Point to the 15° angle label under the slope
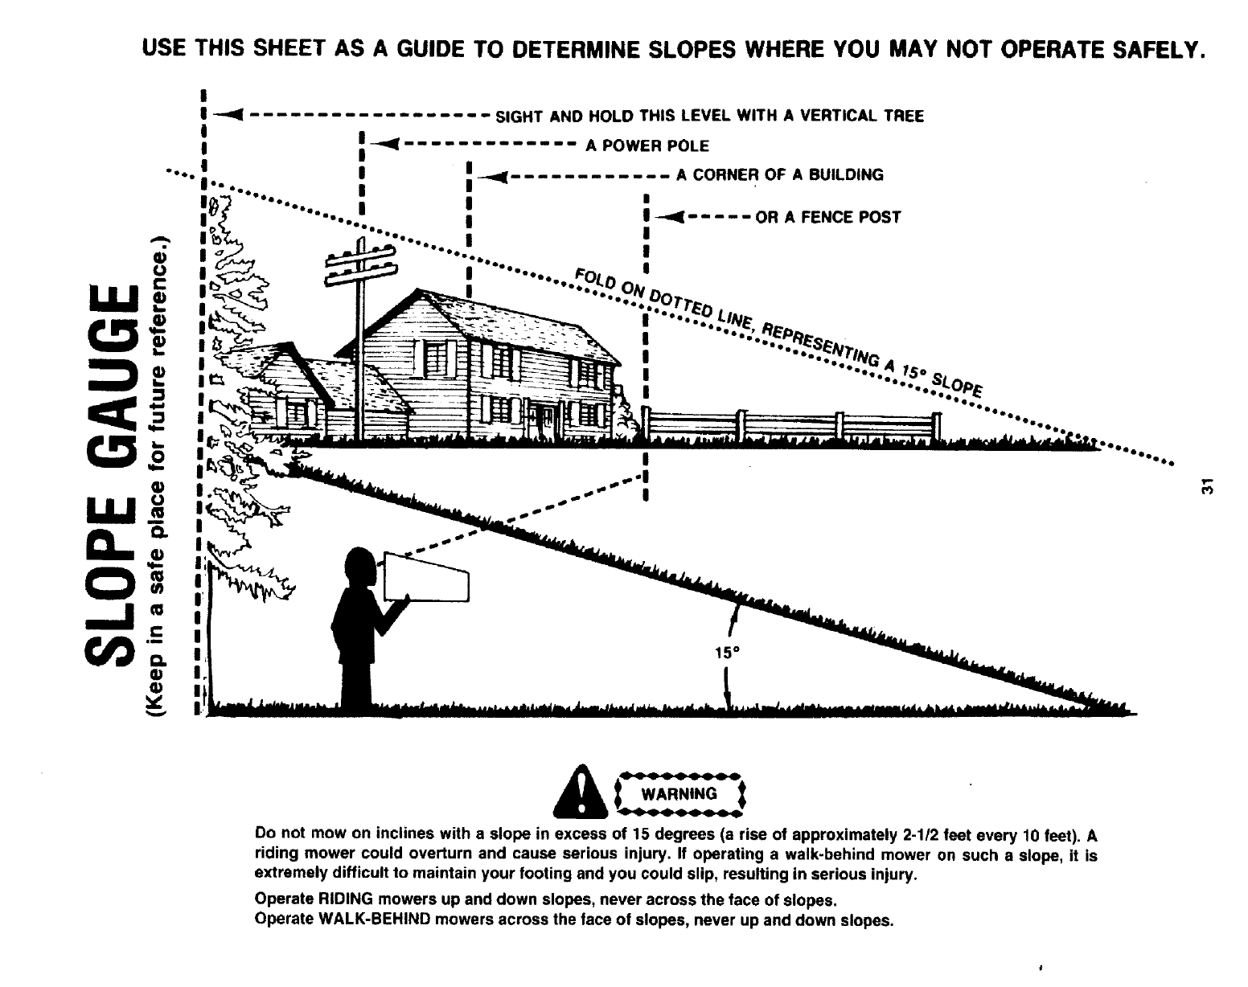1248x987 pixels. pyautogui.click(x=725, y=653)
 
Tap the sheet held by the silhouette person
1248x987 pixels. pyautogui.click(x=425, y=577)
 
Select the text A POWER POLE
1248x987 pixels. pyautogui.click(x=647, y=146)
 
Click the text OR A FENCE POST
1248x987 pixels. pyautogui.click(x=827, y=217)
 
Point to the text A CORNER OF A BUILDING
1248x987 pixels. pyautogui.click(x=779, y=174)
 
